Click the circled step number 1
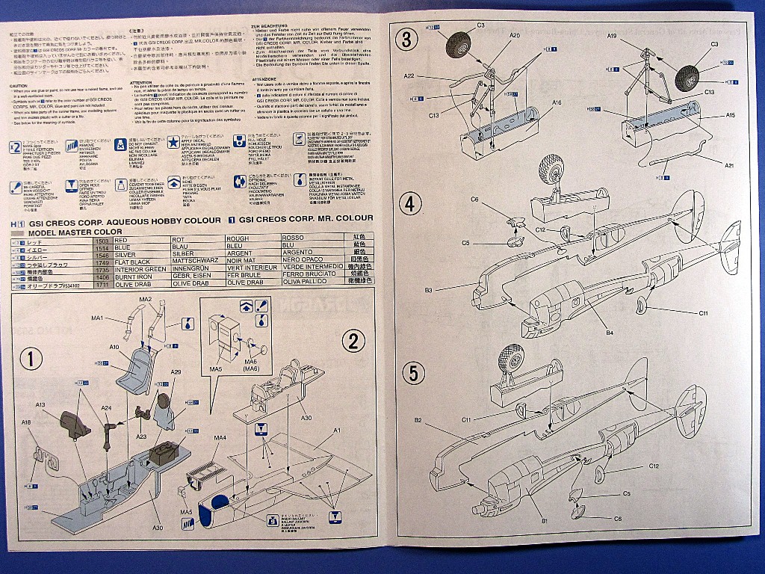(31, 359)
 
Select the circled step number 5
(411, 372)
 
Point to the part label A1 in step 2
(337, 431)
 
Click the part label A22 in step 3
(409, 76)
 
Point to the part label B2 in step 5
(418, 420)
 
